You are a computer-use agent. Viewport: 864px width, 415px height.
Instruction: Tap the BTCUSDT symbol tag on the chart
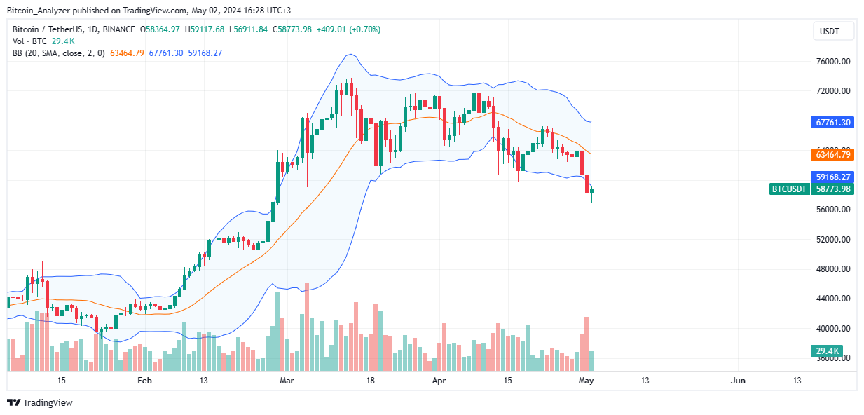789,189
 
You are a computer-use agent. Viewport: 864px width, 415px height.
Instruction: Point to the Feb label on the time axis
144,381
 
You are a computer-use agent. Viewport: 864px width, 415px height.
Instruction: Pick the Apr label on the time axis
439,381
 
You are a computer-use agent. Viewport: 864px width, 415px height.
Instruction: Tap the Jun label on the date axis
738,381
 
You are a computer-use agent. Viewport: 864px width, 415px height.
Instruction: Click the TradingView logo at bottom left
40,402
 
